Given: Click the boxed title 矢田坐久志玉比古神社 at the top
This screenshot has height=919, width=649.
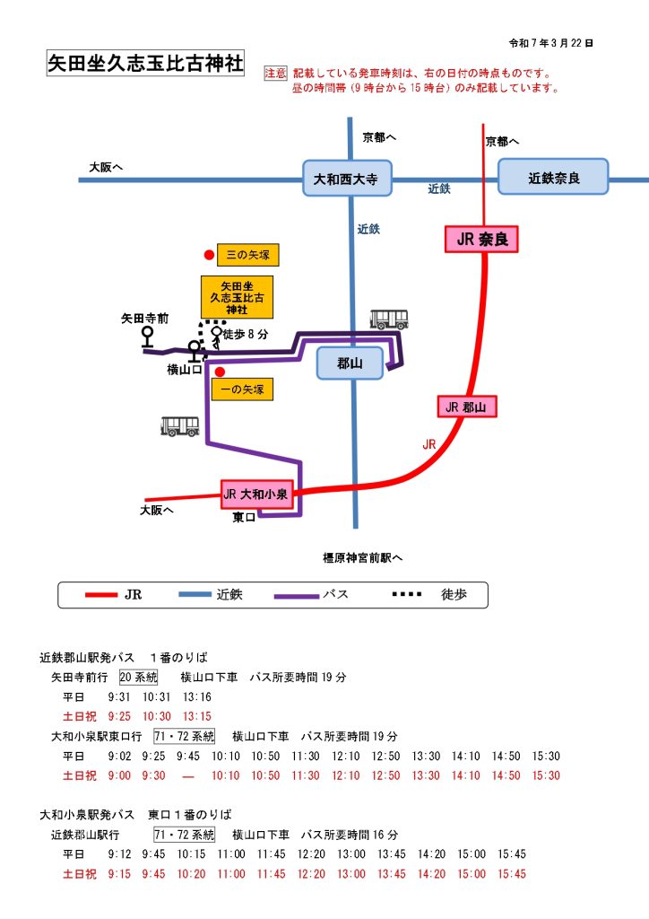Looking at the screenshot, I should (145, 65).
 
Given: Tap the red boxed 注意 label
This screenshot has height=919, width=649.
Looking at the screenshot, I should (275, 74).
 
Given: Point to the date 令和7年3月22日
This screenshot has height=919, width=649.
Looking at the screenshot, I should (550, 42).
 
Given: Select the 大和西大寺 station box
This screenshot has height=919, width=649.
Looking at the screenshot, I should (346, 179).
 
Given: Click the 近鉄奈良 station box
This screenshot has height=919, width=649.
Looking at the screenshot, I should (553, 178).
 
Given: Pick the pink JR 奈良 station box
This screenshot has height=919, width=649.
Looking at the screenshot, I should (481, 239).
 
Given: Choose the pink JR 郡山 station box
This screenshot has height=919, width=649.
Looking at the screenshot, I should (467, 407).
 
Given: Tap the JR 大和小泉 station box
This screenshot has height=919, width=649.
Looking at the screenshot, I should (258, 494).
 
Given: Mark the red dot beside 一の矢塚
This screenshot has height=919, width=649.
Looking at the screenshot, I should (220, 372).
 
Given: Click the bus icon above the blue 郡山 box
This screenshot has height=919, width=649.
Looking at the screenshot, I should (389, 319).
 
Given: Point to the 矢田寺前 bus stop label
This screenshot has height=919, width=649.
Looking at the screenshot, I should (145, 318).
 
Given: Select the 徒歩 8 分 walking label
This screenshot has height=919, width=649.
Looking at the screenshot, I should (246, 335).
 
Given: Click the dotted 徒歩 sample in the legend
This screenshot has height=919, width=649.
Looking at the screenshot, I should (408, 595).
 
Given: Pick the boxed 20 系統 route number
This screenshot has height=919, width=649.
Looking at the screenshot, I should (138, 677).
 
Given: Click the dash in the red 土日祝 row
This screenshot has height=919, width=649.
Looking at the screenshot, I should (188, 775).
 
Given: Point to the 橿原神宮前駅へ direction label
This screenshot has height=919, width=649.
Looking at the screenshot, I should (363, 557).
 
